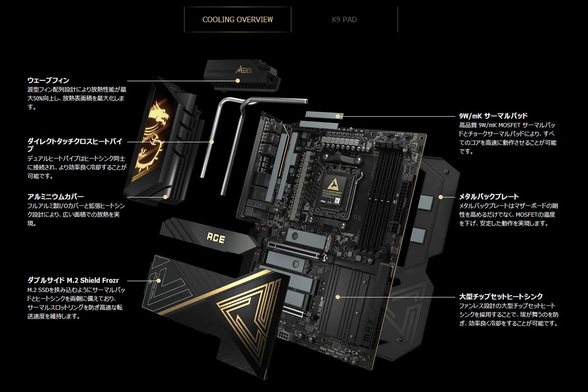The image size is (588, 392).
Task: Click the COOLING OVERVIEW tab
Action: (238, 20)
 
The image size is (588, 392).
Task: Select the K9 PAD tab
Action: (344, 20)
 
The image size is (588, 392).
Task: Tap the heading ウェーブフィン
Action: (49, 80)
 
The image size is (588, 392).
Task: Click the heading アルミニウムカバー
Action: (56, 196)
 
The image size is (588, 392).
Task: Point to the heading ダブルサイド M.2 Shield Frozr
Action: (73, 280)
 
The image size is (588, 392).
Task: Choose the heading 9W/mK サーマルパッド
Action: (493, 116)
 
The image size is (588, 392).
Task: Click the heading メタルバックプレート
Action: (489, 196)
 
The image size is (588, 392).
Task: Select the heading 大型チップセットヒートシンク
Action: (501, 296)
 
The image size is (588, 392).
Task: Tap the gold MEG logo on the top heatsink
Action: (244, 70)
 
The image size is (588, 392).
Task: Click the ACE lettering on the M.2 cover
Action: (216, 238)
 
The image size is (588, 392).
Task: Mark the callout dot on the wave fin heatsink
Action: (238, 81)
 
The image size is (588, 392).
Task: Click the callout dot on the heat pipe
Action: (212, 142)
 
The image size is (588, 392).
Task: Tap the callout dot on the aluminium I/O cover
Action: (166, 197)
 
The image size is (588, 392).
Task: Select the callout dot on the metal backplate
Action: (441, 197)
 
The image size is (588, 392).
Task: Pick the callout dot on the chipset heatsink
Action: (338, 297)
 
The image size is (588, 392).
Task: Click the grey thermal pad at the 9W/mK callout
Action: (324, 115)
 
